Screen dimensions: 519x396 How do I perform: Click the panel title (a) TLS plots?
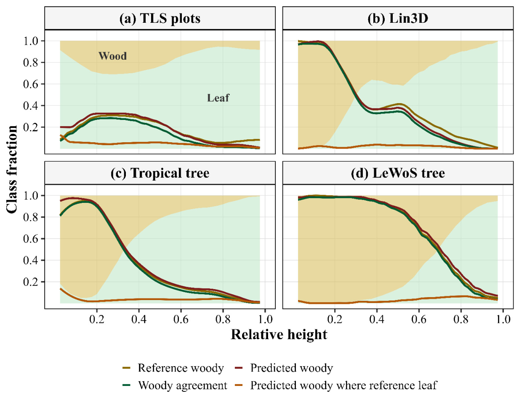(160, 19)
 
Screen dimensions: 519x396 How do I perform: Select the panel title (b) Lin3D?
(398, 19)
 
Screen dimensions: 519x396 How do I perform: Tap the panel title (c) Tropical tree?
(160, 173)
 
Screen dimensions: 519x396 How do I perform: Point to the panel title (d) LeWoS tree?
(398, 173)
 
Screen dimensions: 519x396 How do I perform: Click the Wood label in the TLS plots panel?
(112, 56)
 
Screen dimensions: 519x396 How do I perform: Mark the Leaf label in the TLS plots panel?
(218, 98)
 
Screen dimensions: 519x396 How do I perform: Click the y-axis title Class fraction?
(12, 170)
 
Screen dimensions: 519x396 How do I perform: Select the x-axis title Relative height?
(279, 335)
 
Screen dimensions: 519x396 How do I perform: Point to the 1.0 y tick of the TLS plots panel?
(31, 41)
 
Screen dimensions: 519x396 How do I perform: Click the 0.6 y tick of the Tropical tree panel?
(31, 239)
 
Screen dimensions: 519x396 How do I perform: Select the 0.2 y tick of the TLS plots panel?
(31, 127)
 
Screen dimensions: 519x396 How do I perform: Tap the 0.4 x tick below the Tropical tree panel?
(139, 319)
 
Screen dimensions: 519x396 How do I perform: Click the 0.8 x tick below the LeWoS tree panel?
(461, 319)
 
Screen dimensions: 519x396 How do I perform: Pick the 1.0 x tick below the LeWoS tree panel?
(503, 319)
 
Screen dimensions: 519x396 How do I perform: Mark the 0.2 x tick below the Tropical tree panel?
(97, 319)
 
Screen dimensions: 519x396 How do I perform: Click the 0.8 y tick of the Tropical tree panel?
(31, 217)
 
